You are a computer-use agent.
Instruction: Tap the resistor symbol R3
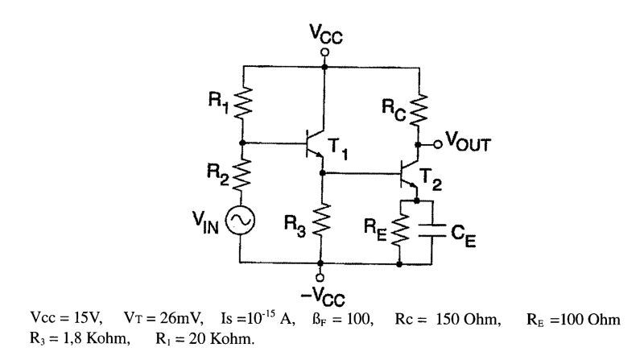click(x=321, y=219)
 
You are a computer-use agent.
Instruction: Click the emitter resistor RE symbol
click(x=400, y=227)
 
